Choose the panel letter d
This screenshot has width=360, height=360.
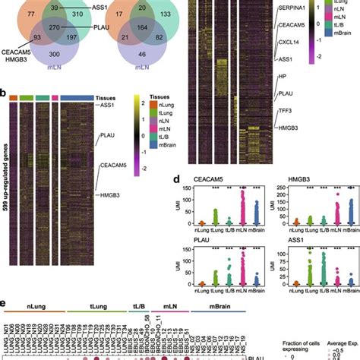point(190,179)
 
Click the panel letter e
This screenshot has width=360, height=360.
point(5,306)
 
